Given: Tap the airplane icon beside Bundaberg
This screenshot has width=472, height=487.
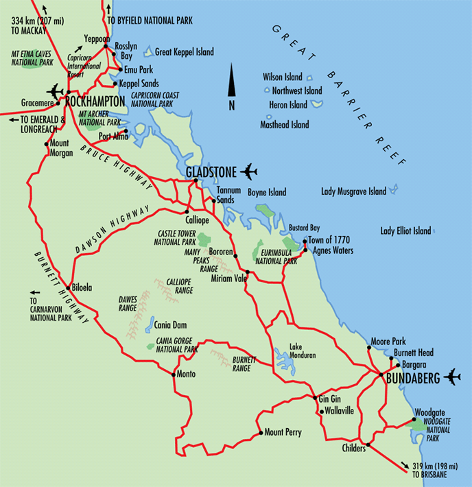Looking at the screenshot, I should point(452,377).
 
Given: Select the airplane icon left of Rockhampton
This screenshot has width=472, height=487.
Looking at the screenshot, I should point(55,91).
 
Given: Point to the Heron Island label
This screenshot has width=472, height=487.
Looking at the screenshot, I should point(288,106).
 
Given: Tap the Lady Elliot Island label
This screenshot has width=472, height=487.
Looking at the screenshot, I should point(406,230).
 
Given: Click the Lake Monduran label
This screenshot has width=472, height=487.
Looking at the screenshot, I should point(302,351).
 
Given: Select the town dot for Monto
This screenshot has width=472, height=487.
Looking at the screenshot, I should point(173,375).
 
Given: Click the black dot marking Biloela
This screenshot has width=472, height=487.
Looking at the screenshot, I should point(71,287).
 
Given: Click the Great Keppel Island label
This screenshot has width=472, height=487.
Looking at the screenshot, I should point(185,52).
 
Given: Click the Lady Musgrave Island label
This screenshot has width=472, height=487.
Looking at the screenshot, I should point(354,192).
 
